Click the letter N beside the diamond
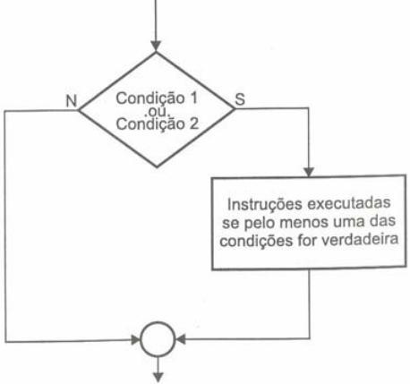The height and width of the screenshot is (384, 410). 72,101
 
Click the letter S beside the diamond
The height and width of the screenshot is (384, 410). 240,99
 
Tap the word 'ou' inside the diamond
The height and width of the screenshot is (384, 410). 157,111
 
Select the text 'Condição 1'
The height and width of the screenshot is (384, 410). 157,98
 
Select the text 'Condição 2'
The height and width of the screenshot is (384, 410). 158,124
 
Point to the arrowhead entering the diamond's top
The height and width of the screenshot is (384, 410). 156,47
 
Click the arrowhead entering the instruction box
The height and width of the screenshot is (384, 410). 309,172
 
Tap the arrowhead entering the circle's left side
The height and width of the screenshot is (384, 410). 135,340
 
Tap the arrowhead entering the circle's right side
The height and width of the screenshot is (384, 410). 181,339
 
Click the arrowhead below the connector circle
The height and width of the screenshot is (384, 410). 158,378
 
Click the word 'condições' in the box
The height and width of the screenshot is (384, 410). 257,241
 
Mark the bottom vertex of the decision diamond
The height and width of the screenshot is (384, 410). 157,167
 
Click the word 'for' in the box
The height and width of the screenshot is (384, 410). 308,240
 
